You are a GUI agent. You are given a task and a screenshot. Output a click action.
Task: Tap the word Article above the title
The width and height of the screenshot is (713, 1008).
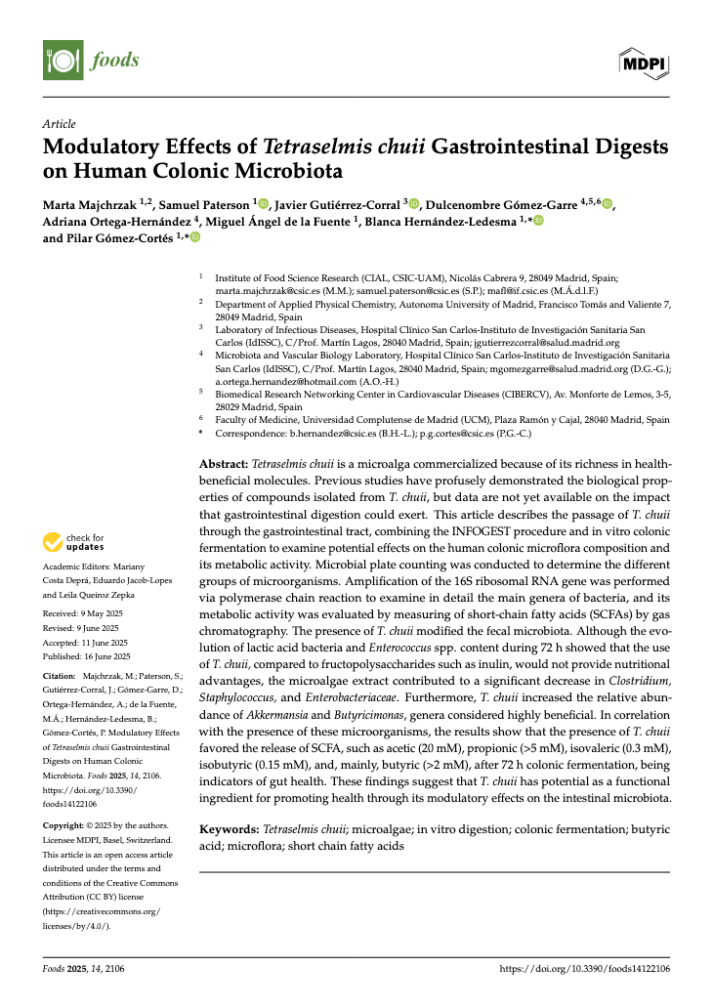click(60, 124)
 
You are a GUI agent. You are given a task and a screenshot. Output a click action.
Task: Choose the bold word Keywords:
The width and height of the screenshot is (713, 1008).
click(230, 828)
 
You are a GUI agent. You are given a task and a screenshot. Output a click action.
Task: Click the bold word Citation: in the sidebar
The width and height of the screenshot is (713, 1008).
click(62, 676)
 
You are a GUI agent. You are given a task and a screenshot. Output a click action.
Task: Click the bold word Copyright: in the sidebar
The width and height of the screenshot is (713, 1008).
click(66, 825)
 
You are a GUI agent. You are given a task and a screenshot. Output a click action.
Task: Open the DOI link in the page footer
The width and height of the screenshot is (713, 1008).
click(584, 969)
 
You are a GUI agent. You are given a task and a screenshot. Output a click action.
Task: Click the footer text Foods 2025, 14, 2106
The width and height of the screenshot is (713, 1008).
click(84, 969)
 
